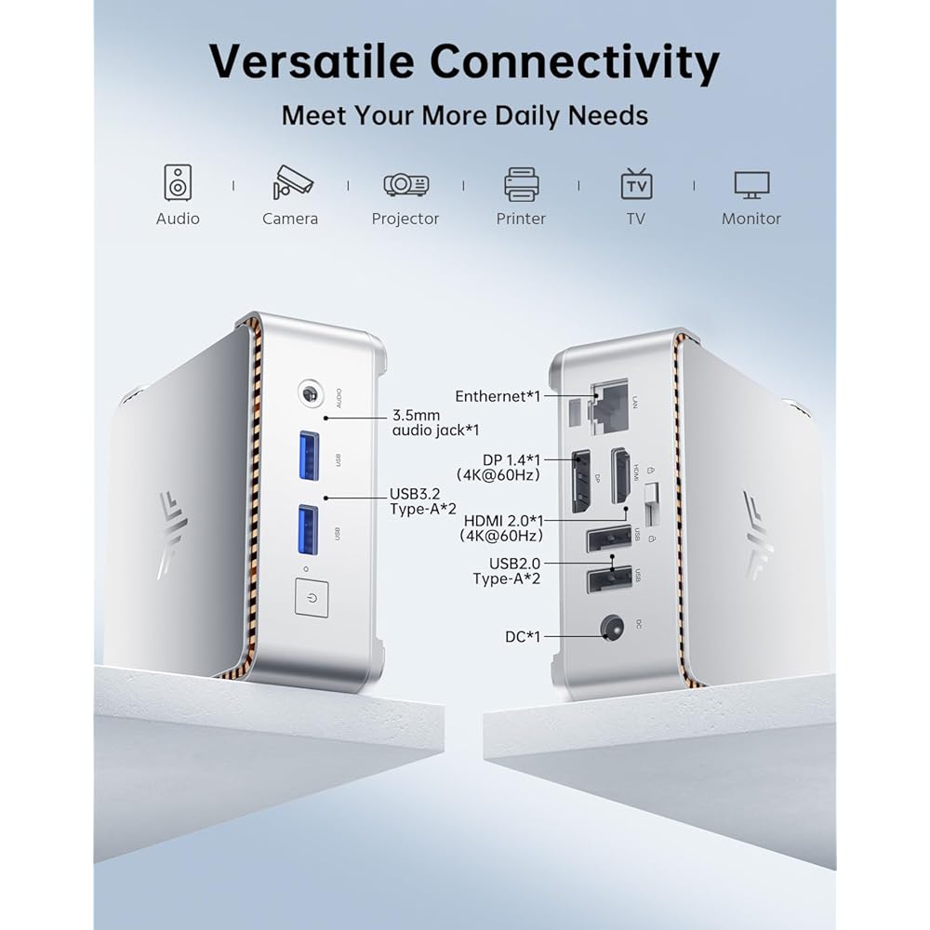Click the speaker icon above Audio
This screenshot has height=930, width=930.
(x=178, y=182)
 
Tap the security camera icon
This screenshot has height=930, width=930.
(x=292, y=182)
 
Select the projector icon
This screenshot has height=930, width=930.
(x=406, y=184)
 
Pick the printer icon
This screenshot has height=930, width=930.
(x=522, y=183)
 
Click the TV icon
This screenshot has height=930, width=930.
(x=636, y=183)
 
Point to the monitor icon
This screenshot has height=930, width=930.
(x=751, y=183)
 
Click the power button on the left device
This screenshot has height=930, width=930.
(x=312, y=597)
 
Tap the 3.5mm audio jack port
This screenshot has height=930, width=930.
(x=310, y=394)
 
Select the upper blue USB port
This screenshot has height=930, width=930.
(x=309, y=456)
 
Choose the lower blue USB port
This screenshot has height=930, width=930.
(x=309, y=529)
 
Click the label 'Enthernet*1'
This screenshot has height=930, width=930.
(x=498, y=396)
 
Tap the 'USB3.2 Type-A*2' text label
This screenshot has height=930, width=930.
(x=422, y=501)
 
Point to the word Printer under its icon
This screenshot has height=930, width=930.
(x=521, y=219)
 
